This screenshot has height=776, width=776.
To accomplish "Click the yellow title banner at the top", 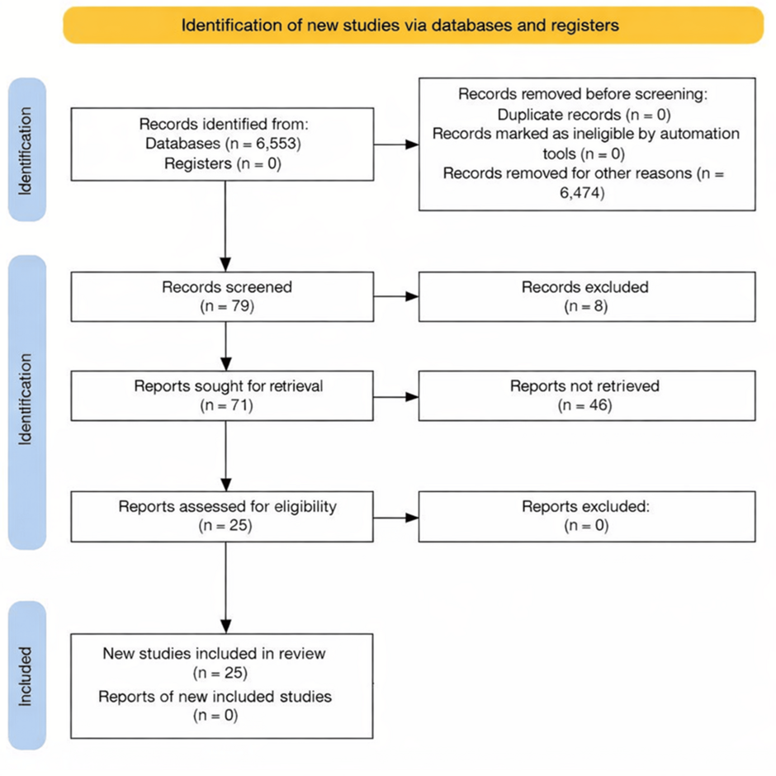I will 413,25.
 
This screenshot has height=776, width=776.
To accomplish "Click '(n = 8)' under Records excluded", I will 585,306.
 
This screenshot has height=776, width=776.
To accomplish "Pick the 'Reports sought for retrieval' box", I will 223,395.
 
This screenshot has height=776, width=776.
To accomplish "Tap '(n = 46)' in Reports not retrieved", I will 585,405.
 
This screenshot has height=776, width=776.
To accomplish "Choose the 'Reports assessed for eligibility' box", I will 223,517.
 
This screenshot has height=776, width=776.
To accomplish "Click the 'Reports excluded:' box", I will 587,517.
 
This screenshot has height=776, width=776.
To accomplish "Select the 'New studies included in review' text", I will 215,654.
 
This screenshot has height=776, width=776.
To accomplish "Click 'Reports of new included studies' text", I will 215,697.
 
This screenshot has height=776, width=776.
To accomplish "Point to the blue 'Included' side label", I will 26,676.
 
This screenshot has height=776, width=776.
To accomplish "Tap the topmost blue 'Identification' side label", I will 26,149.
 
